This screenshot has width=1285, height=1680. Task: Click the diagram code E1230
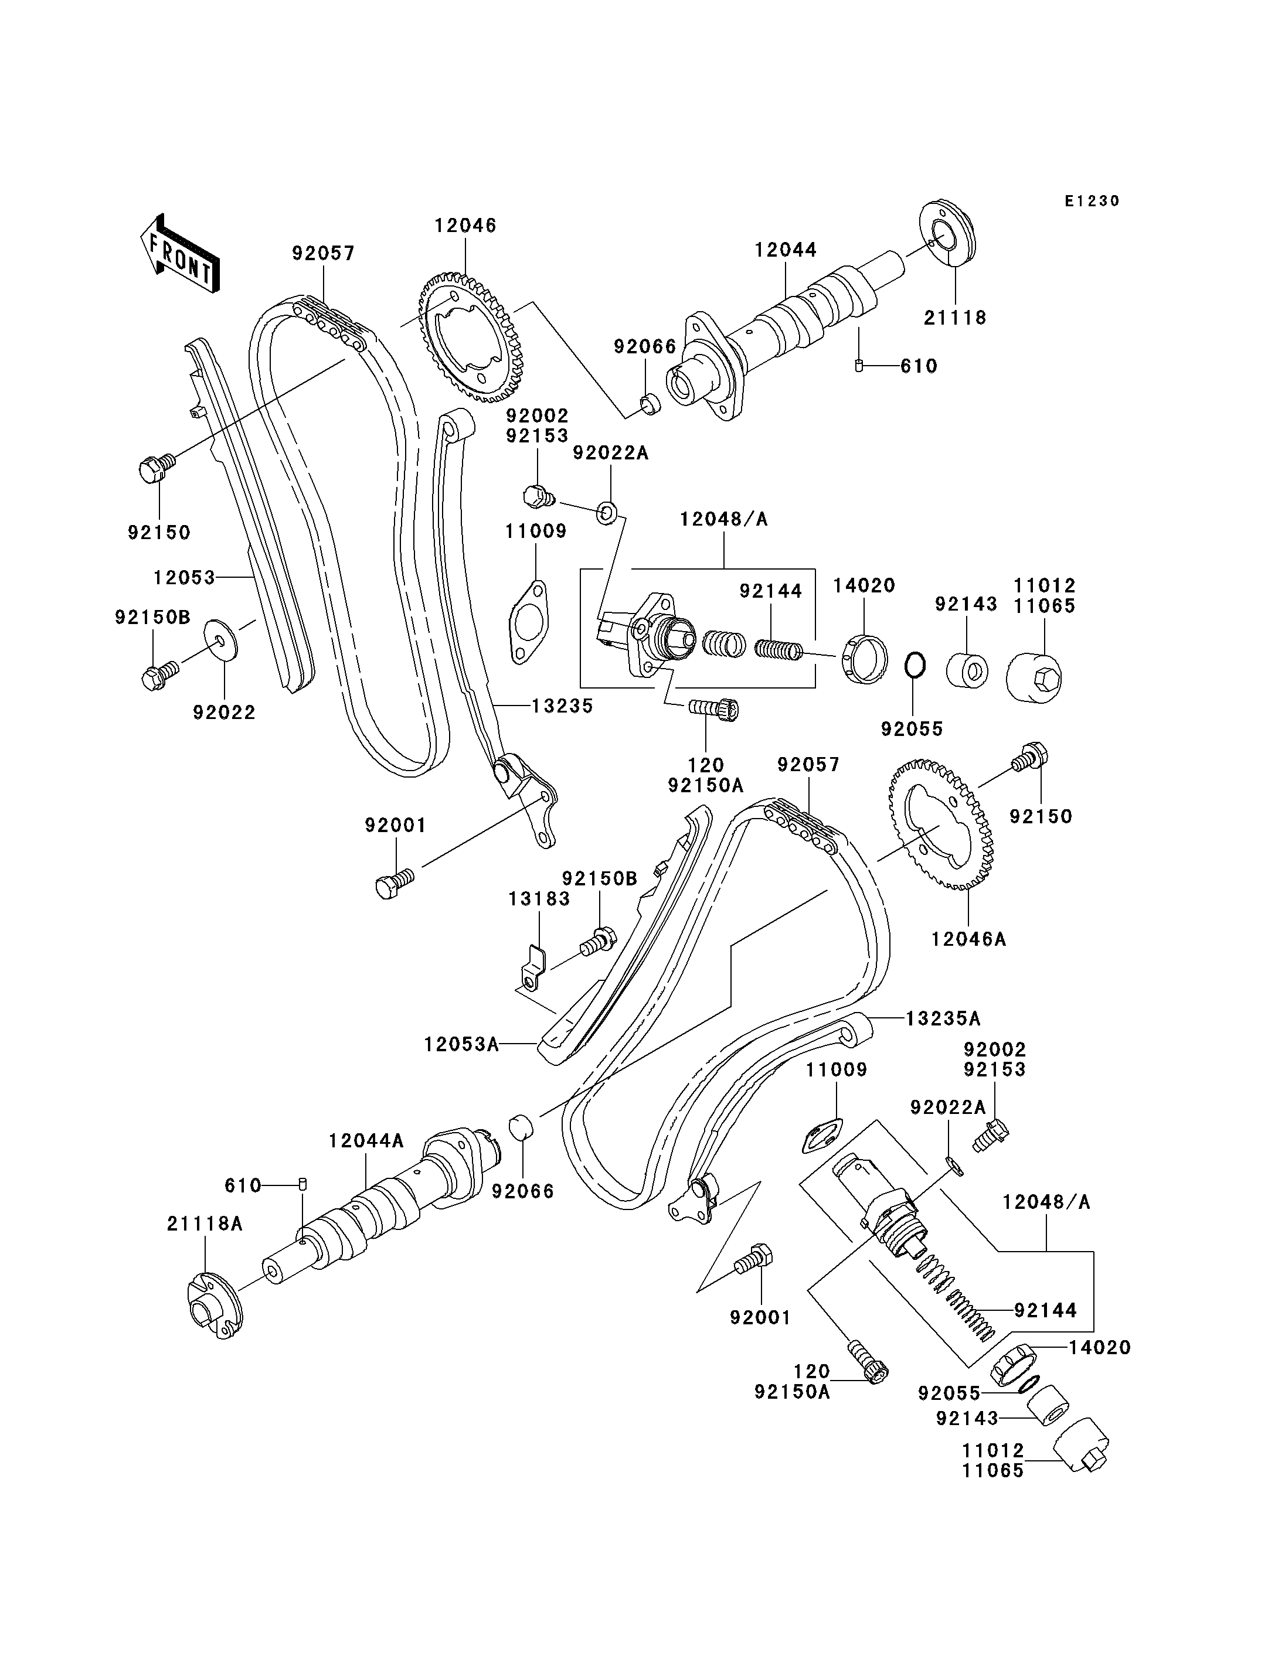1092,201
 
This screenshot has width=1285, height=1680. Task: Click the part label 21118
956,318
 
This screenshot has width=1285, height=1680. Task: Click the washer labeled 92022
221,639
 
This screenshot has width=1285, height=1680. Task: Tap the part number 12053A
461,1044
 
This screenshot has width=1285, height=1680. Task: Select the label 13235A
943,1018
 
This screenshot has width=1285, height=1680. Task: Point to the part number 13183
539,899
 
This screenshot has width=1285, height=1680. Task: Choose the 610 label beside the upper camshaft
919,366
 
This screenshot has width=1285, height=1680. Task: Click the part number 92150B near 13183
600,880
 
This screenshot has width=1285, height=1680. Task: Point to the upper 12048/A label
723,520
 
